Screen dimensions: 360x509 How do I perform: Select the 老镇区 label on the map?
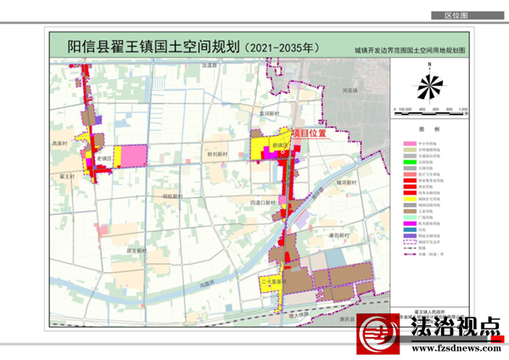104,159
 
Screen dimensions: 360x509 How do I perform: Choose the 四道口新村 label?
265,202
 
